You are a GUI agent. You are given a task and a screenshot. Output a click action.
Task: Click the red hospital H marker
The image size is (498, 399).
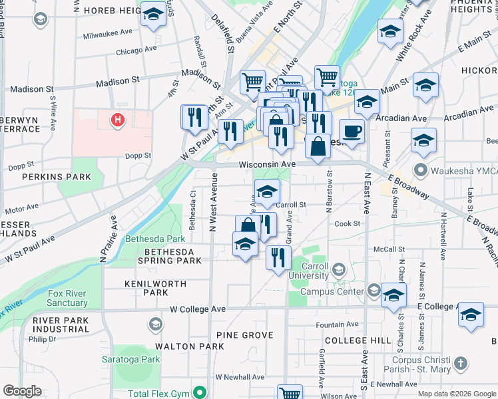click(x=117, y=120)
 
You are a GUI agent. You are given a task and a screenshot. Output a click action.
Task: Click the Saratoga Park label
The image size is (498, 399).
click(x=136, y=359)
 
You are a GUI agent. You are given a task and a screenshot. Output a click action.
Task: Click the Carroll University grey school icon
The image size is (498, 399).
click(x=340, y=269)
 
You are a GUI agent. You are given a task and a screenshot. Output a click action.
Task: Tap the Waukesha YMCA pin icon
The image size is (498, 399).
click(x=420, y=170)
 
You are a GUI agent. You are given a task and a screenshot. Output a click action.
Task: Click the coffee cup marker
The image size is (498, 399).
click(x=352, y=130)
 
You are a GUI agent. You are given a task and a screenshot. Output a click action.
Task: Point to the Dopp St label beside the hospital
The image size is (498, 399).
click(x=138, y=156)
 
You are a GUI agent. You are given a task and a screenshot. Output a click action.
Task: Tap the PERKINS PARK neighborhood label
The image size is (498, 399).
click(x=56, y=177)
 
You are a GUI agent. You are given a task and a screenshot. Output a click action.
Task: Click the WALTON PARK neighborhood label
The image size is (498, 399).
click(x=180, y=346)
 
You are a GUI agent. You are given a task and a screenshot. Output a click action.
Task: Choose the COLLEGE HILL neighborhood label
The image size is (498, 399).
click(x=358, y=340)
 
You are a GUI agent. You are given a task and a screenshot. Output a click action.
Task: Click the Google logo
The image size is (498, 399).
click(x=22, y=391)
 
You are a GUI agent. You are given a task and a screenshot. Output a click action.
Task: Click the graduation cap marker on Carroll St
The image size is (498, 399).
click(x=267, y=192)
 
